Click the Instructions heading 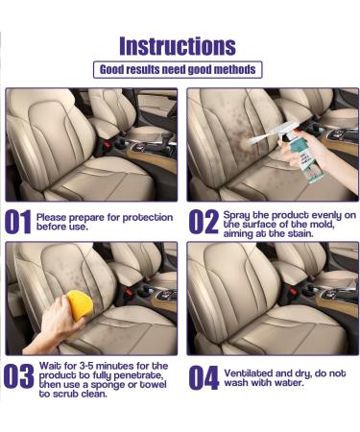coord(180,45)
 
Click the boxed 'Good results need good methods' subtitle coord(180,70)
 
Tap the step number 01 coord(19,223)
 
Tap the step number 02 coord(203,223)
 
